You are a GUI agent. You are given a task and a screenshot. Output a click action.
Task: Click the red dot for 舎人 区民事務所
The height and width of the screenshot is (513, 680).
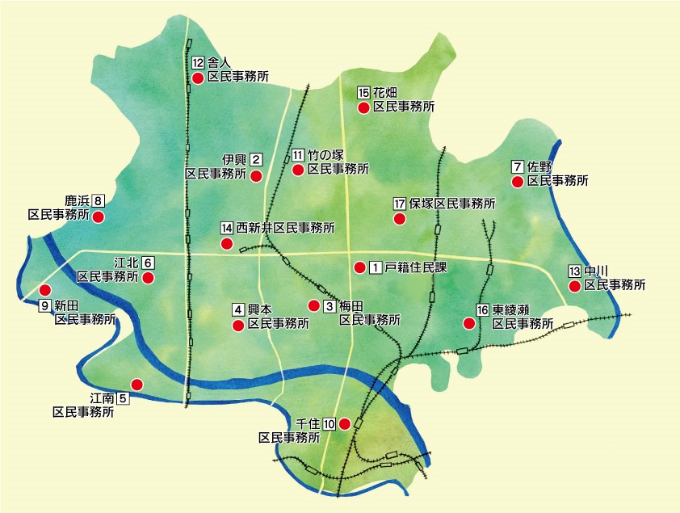[x=197, y=78]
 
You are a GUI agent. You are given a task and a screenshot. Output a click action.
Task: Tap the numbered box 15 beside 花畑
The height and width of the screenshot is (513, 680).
[x=363, y=92]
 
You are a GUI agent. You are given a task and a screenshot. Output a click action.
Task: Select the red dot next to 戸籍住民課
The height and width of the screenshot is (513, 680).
[x=359, y=267]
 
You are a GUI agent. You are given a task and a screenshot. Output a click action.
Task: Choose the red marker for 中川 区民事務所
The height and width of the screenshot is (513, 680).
[x=574, y=285]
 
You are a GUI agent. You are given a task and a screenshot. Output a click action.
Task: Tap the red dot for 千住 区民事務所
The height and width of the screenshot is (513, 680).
[x=345, y=423]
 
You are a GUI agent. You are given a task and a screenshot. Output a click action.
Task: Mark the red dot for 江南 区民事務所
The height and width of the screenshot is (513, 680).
[x=136, y=385]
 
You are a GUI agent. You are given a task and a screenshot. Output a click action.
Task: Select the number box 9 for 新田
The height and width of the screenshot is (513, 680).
[x=45, y=305]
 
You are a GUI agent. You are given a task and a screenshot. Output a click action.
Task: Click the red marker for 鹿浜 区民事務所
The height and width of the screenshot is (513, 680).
[x=99, y=217]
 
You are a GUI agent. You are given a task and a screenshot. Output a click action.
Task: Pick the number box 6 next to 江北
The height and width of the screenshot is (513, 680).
[x=148, y=263]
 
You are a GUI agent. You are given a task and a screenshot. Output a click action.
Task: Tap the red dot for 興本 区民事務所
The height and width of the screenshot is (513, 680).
[x=237, y=326]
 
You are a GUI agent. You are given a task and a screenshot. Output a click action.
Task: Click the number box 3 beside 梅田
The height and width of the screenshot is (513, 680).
[x=330, y=306]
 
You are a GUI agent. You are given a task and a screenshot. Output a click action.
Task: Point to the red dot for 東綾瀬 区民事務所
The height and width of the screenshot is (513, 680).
[x=468, y=323]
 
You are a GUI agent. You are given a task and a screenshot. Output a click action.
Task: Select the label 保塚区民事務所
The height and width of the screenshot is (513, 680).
[x=451, y=204]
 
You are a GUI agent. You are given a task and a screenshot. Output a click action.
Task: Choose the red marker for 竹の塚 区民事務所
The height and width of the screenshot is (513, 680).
[x=297, y=170]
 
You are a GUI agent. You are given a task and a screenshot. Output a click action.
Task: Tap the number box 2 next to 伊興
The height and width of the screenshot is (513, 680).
[x=256, y=159]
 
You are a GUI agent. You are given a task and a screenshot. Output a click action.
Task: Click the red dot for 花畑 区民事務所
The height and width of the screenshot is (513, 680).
[x=363, y=107]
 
